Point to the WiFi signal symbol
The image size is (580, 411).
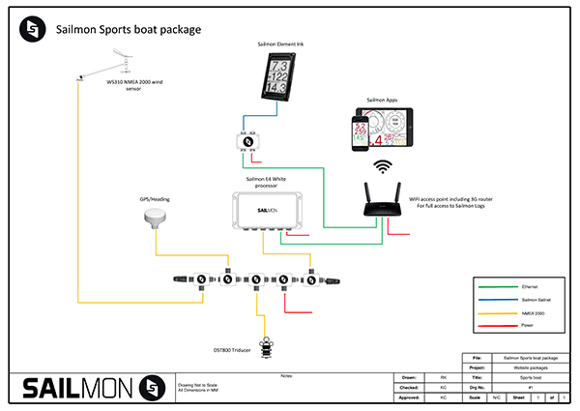tap(385, 167)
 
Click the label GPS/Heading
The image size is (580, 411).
tap(156, 201)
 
